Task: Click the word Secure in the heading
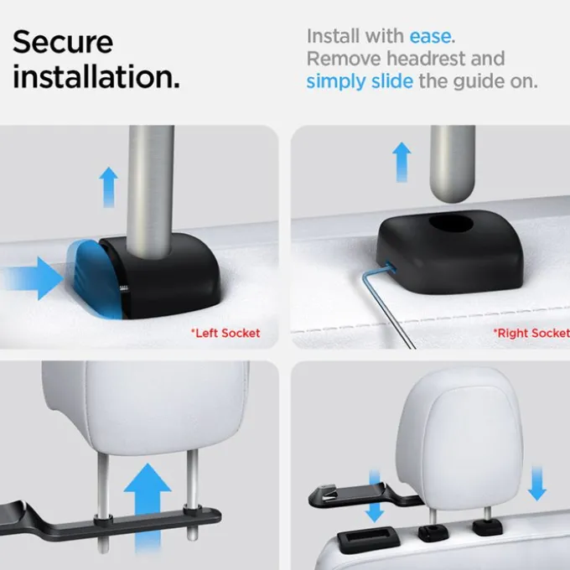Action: [63, 42]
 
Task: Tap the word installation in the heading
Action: [96, 76]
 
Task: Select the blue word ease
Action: [430, 36]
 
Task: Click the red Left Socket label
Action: [225, 333]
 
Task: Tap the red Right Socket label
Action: [531, 333]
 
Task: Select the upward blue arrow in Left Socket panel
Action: [109, 187]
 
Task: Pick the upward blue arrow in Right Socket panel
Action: [402, 162]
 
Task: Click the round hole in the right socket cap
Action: [451, 223]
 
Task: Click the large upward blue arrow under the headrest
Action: [148, 507]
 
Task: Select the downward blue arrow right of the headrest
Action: [537, 484]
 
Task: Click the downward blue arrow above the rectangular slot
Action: [375, 495]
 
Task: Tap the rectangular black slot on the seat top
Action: [369, 539]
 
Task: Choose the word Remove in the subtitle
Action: [344, 59]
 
